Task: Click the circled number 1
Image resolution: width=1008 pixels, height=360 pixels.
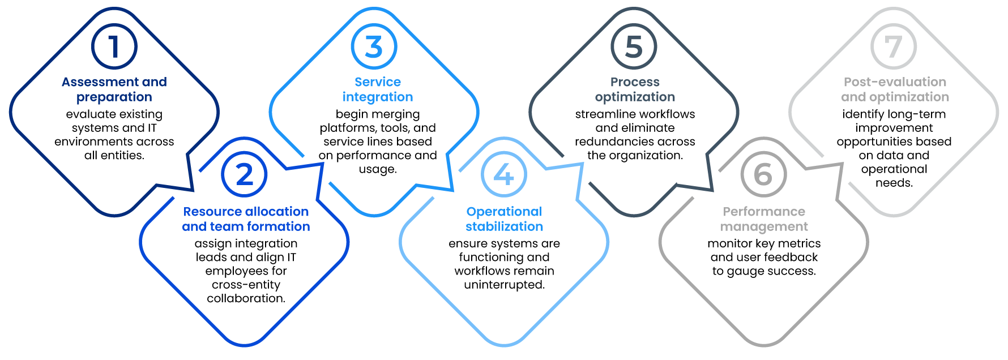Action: [114, 46]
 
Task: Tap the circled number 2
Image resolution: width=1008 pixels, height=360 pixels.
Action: [244, 174]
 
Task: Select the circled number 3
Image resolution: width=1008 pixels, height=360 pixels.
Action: [374, 46]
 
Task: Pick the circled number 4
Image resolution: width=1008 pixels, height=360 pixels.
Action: [503, 174]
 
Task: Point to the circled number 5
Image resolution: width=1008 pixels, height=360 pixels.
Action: [634, 46]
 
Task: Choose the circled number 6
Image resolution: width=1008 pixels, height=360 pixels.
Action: [763, 174]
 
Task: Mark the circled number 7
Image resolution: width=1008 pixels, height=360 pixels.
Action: [893, 46]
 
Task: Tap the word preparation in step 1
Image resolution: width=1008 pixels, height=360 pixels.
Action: [114, 97]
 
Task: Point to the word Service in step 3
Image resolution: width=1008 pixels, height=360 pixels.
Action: [378, 82]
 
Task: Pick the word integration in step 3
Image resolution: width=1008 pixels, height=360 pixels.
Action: [378, 97]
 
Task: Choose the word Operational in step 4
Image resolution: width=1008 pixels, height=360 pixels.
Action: [504, 212]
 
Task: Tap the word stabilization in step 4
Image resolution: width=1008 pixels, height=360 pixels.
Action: [504, 226]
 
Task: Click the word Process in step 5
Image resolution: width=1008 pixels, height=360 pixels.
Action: [635, 82]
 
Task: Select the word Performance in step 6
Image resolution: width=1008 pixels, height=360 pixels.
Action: [764, 212]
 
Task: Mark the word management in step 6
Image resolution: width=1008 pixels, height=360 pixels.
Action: [764, 227]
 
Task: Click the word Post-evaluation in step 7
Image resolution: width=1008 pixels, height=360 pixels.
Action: [895, 82]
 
